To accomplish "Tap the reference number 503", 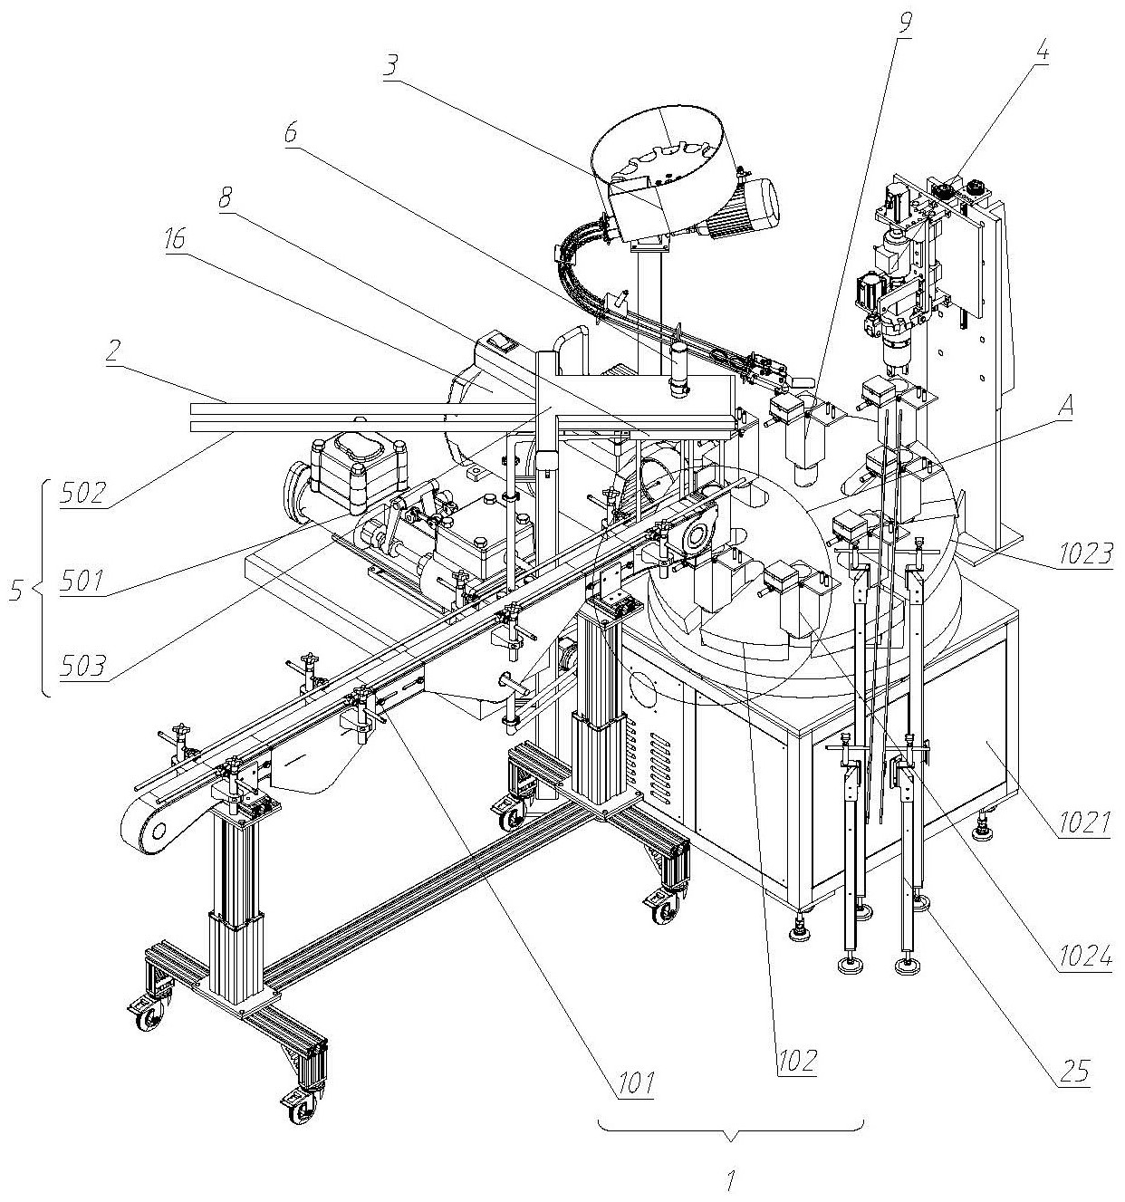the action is [83, 666].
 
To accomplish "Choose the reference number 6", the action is [291, 131].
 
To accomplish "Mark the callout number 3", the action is [391, 65].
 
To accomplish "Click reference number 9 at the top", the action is [904, 23].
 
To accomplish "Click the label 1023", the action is [1086, 553].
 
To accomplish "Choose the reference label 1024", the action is [1086, 957].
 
